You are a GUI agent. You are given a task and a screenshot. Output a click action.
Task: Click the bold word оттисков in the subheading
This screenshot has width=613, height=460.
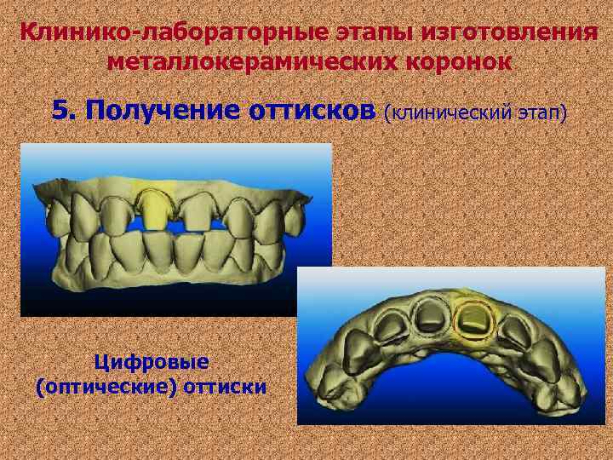(x=312, y=111)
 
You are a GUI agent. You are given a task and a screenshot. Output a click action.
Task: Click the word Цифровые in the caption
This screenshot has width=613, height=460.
(x=152, y=362)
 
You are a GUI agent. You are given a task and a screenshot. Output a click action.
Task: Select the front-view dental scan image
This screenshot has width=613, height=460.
(x=175, y=230)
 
